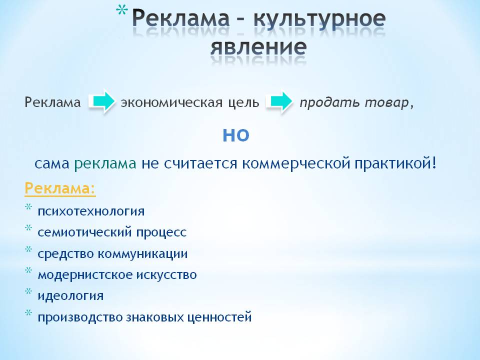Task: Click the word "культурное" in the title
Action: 320,20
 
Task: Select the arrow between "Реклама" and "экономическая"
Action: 102,102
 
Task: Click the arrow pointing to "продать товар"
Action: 279,102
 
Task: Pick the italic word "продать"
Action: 322,102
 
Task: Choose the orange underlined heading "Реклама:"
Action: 60,189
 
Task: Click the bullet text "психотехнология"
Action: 91,211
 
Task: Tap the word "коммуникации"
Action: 142,253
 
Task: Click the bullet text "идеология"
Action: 70,295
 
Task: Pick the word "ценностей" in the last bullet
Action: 221,317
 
